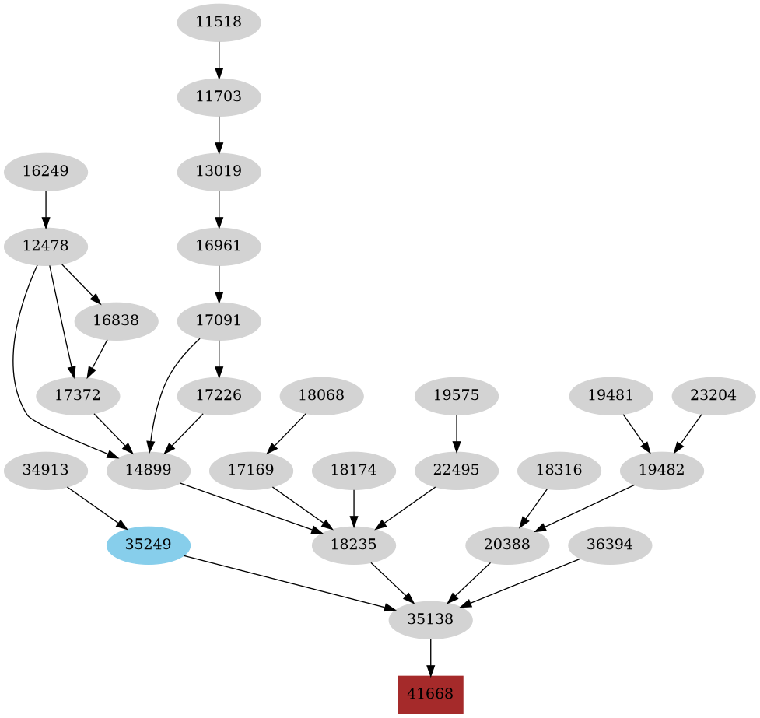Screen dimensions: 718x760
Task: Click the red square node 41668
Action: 430,694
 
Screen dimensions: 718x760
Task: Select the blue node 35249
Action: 148,545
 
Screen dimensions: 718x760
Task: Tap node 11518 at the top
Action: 219,23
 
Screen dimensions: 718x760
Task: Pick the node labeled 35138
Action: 430,620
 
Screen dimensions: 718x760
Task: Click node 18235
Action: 354,545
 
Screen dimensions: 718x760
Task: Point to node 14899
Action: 148,471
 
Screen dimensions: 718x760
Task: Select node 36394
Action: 611,545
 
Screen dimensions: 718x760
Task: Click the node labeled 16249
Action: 45,171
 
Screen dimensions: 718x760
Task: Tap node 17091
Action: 219,320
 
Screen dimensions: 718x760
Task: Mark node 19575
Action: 456,395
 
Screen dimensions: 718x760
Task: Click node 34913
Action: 45,471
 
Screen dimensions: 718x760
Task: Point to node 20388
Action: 507,545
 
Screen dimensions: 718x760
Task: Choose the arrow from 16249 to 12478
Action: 45,208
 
